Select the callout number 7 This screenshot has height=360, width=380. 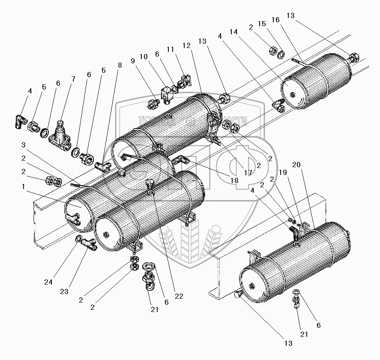pyautogui.click(x=73, y=79)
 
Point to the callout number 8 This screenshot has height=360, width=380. pyautogui.click(x=119, y=65)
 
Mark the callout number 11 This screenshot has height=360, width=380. pyautogui.click(x=171, y=50)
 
